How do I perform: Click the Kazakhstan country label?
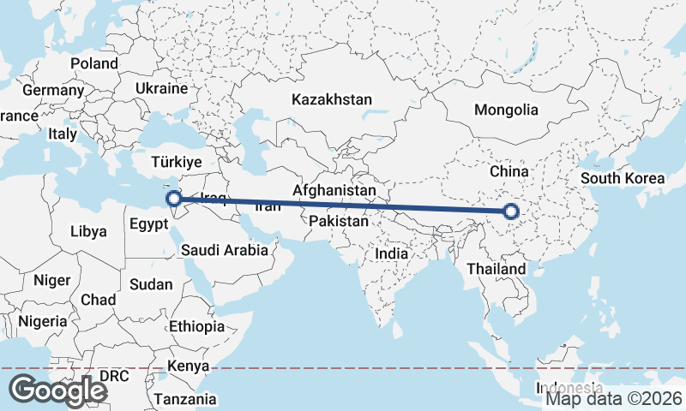pos(332,99)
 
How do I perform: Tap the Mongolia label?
pos(506,110)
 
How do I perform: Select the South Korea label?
pos(623,178)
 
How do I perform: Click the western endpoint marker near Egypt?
pos(174,199)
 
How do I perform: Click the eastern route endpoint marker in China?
pos(511,211)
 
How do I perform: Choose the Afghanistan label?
pos(334,189)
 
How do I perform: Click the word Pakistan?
pos(339,221)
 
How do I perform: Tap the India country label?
pos(391,253)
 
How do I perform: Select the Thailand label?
pos(496,269)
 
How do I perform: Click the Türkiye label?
pos(176,162)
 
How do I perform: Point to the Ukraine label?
pos(161,88)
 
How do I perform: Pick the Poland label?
pos(94,63)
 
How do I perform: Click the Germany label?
pos(53,90)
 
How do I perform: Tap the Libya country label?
pos(88,231)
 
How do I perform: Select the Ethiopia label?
pos(196,326)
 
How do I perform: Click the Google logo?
pos(57,390)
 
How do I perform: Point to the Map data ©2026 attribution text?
pos(614,398)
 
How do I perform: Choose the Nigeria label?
pos(41,321)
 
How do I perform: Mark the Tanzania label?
pos(186,399)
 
